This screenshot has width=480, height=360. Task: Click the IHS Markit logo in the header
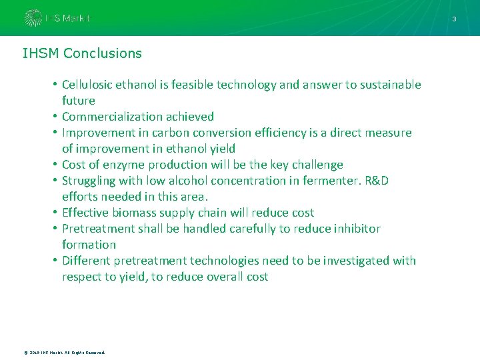pyautogui.click(x=57, y=18)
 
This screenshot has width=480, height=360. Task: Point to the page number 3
pyautogui.click(x=454, y=19)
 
